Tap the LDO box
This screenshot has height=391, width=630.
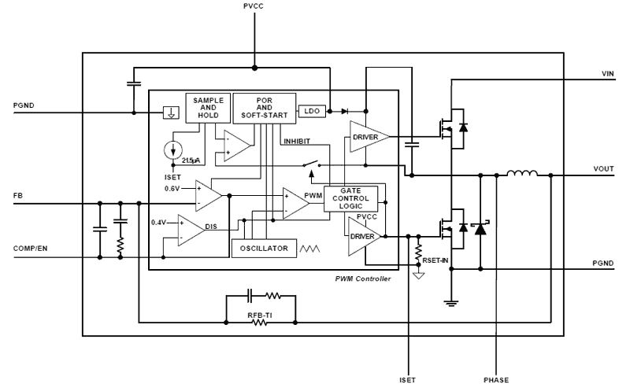point(312,111)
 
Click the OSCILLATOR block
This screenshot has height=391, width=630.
point(261,249)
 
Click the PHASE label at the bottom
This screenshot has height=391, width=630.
point(496,378)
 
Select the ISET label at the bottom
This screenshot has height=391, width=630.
point(408,378)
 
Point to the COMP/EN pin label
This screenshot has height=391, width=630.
point(31,249)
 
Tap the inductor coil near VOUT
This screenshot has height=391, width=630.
point(521,174)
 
